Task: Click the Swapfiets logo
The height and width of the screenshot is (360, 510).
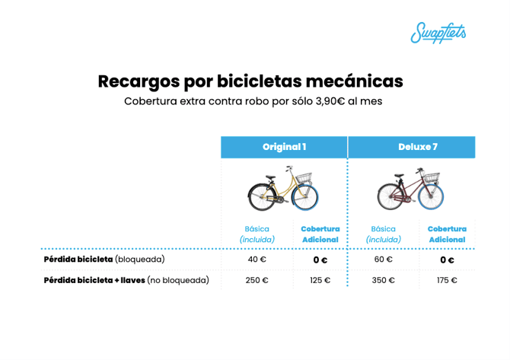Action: coord(438,33)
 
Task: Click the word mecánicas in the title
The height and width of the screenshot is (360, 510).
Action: coord(354,81)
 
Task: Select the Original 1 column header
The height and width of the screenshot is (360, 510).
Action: coord(284,147)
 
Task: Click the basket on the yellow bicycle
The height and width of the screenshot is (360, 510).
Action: coord(304,177)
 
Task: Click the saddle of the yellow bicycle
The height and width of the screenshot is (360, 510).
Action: coord(271,177)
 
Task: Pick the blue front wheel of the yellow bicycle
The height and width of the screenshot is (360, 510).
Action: coord(304,197)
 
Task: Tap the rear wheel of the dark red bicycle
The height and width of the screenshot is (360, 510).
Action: coord(390,197)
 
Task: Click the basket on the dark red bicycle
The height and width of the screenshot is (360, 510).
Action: coord(432,177)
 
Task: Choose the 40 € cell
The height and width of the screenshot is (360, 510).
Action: coord(257,260)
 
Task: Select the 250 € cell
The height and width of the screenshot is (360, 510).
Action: coord(257,280)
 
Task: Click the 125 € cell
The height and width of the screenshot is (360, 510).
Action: coord(320,280)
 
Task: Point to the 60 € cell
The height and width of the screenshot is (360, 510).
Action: coord(384,260)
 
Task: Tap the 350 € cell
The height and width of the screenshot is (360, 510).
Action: coord(384,280)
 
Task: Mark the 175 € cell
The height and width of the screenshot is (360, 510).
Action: coord(447,280)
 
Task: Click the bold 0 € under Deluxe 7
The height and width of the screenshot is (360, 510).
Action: coord(447,260)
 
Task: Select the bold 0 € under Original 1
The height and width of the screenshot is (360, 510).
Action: coord(320,260)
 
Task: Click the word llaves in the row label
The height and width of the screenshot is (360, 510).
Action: coord(132,280)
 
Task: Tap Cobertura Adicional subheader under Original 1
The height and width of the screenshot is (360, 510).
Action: coord(320,234)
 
